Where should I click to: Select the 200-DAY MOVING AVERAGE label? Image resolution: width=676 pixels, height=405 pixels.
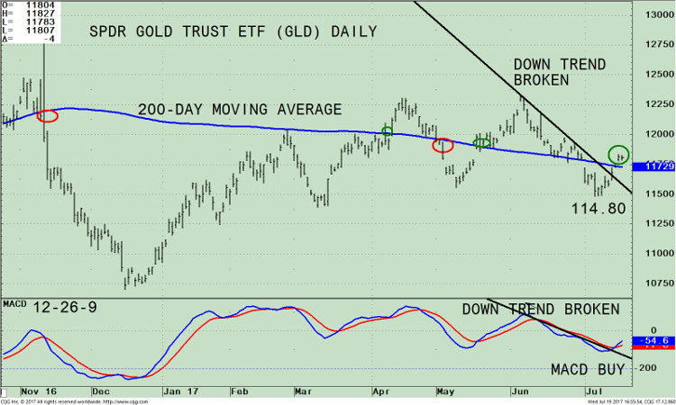pyautogui.click(x=240, y=110)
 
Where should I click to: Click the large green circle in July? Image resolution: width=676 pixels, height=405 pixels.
pyautogui.click(x=619, y=155)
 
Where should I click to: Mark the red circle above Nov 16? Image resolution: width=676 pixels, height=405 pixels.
pyautogui.click(x=47, y=115)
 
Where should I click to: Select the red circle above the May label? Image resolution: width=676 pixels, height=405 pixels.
pyautogui.click(x=443, y=145)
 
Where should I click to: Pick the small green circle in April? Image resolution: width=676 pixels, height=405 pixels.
pyautogui.click(x=388, y=131)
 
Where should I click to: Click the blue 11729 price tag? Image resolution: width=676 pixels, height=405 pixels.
pyautogui.click(x=654, y=166)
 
